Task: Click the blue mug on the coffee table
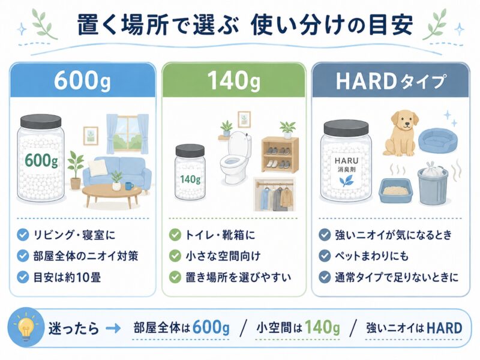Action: coord(129,185)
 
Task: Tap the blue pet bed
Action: coord(439,139)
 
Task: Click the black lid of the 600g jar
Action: coord(41,121)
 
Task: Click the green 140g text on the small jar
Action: coord(190,178)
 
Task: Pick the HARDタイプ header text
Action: coord(391,82)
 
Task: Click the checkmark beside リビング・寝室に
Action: coord(23,235)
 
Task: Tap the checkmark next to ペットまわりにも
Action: coord(325,256)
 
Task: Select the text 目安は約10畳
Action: coord(67,277)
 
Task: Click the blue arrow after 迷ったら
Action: coord(113,329)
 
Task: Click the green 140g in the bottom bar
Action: coord(322,328)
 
